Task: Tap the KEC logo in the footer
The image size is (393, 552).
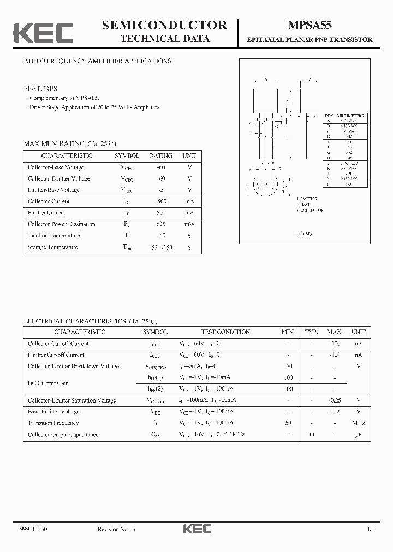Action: [196, 529]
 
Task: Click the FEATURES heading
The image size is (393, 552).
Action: [40, 88]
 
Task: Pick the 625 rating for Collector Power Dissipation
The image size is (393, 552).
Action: [160, 224]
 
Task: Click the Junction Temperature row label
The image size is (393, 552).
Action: [52, 236]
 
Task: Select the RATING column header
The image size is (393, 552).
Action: [160, 155]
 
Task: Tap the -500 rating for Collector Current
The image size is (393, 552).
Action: [160, 201]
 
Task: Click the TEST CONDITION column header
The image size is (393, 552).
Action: [225, 332]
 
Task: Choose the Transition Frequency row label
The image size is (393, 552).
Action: [53, 423]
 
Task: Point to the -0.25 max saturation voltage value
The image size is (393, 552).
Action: [335, 400]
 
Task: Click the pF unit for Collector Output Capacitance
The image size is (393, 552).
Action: [358, 435]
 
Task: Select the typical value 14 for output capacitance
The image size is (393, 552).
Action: [311, 435]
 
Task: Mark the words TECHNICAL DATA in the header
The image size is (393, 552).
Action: [165, 39]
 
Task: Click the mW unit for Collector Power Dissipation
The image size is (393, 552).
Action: [189, 224]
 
